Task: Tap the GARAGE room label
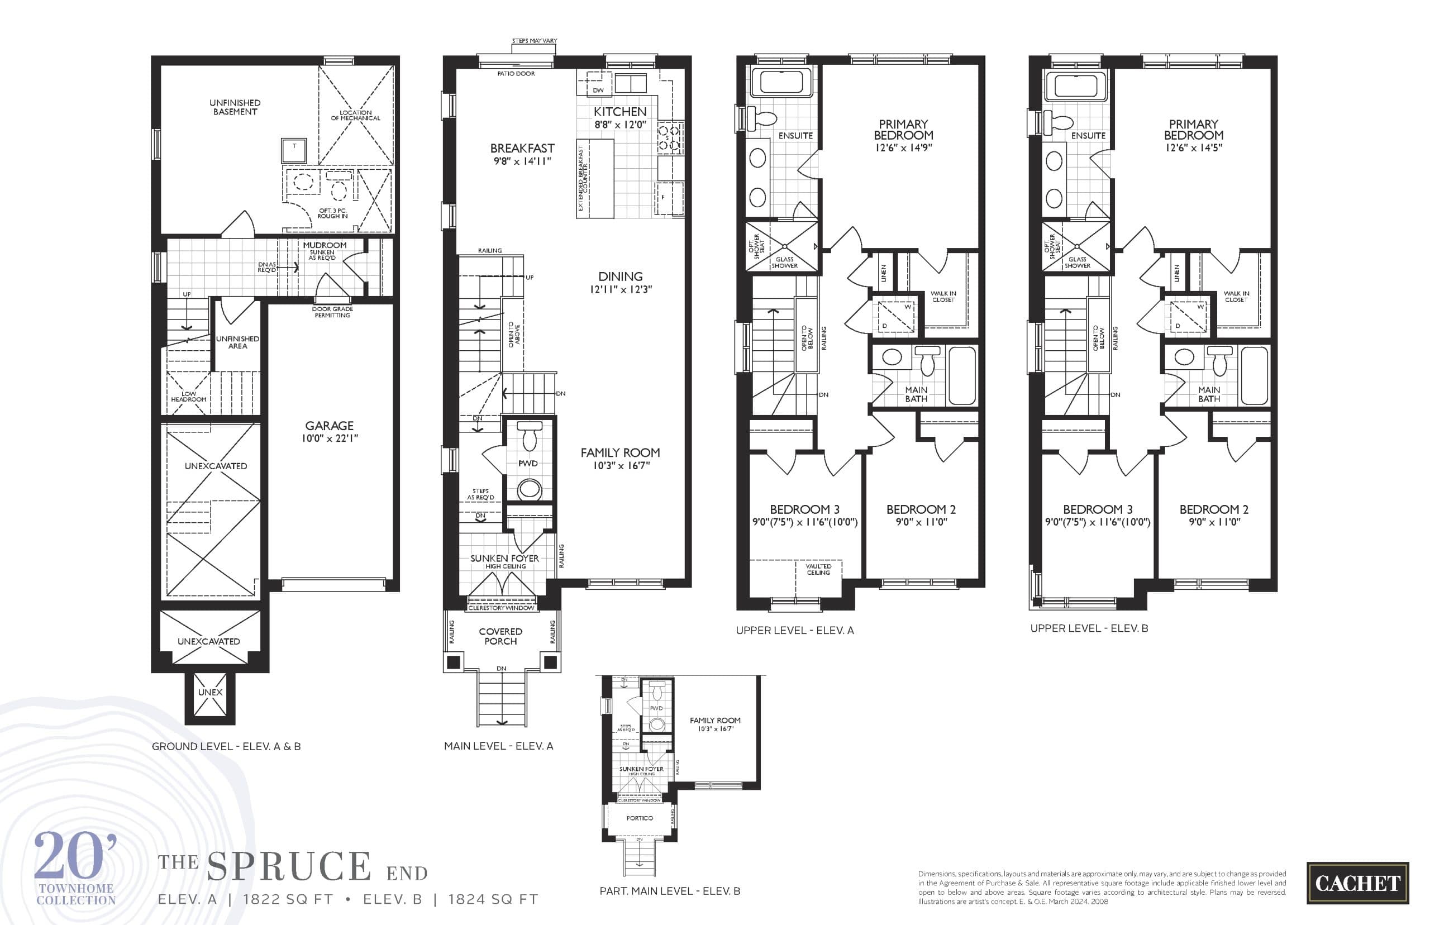click(329, 426)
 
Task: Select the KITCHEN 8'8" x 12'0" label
click(620, 118)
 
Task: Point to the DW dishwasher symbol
click(598, 90)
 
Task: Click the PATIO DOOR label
click(516, 74)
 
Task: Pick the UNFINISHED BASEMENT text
click(235, 107)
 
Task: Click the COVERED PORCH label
click(500, 636)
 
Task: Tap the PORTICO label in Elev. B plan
click(639, 818)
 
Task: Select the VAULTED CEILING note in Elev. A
click(818, 569)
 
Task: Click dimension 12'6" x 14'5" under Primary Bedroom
click(1193, 148)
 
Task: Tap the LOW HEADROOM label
click(189, 397)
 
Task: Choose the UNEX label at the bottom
click(210, 692)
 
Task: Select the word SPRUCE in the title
click(289, 866)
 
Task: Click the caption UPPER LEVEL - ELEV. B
click(1089, 628)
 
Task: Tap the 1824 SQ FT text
click(493, 899)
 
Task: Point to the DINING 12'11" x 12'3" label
click(621, 282)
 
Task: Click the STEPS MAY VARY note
click(534, 41)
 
